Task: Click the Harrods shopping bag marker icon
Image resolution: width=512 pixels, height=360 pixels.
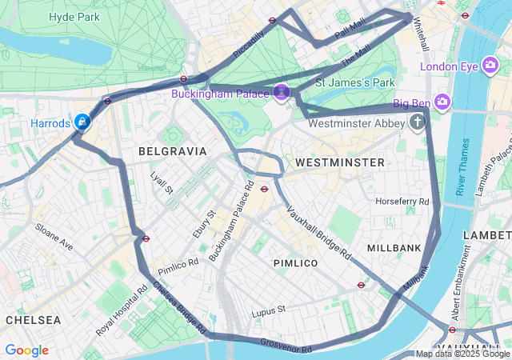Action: point(82,122)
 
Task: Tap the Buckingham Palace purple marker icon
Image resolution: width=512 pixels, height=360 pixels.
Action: point(282,94)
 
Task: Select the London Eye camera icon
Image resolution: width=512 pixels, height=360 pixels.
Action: point(491,66)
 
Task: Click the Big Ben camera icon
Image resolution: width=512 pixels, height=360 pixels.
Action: point(443,102)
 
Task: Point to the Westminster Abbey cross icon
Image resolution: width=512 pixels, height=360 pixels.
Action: point(417,123)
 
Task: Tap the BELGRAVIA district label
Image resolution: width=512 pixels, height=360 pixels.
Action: point(172,150)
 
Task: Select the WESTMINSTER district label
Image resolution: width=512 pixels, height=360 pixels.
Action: point(340,162)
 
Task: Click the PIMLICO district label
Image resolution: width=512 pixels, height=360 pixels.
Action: point(295,262)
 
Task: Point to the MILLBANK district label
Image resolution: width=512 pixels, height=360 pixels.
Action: point(394,248)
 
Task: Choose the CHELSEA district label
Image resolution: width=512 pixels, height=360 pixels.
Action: point(33,319)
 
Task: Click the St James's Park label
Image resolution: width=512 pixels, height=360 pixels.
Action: point(355,82)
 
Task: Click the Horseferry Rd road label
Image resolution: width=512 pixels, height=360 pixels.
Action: point(402,201)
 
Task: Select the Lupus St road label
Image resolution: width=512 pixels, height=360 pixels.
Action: point(268,310)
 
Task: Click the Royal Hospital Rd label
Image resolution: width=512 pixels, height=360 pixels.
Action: point(117,308)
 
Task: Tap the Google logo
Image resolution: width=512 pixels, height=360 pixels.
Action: point(27,350)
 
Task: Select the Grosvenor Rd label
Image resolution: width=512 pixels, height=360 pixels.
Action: point(286,346)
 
